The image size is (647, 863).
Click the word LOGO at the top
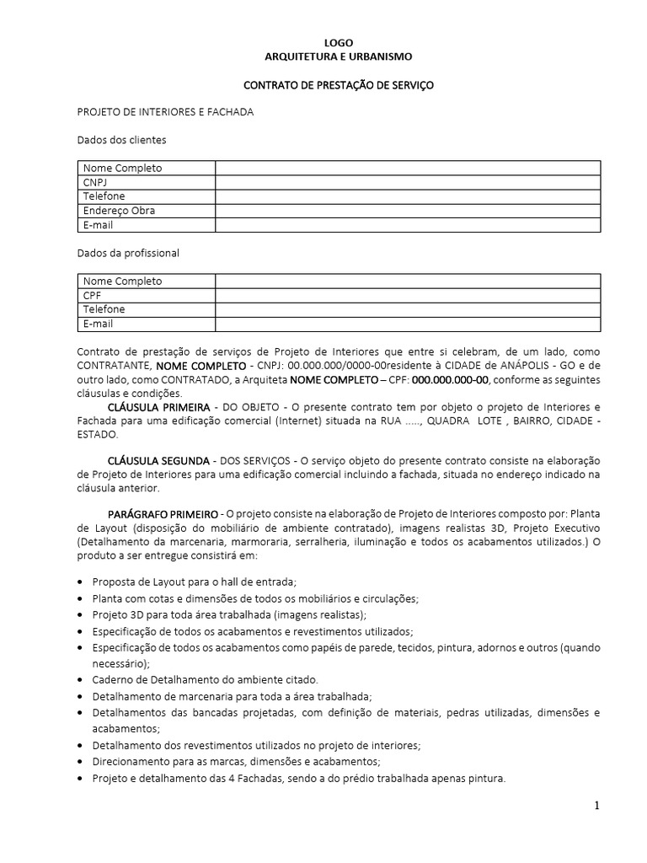[x=339, y=43]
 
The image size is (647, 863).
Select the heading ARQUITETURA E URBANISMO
[x=339, y=56]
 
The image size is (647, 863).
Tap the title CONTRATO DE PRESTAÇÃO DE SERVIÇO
[x=339, y=85]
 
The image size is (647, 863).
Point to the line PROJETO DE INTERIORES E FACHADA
[x=165, y=112]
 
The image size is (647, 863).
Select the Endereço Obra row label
[x=119, y=211]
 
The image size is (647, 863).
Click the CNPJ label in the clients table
[x=95, y=182]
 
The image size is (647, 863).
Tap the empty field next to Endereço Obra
[x=408, y=211]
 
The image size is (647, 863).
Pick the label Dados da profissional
[x=128, y=253]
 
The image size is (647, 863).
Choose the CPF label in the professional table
[x=92, y=295]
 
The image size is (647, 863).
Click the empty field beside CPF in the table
[x=408, y=295]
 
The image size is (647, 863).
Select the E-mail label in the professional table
[x=98, y=324]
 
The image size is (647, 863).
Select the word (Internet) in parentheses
[x=315, y=421]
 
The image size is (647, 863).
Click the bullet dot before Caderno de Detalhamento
[x=80, y=679]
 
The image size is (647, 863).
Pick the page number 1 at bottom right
[x=596, y=806]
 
